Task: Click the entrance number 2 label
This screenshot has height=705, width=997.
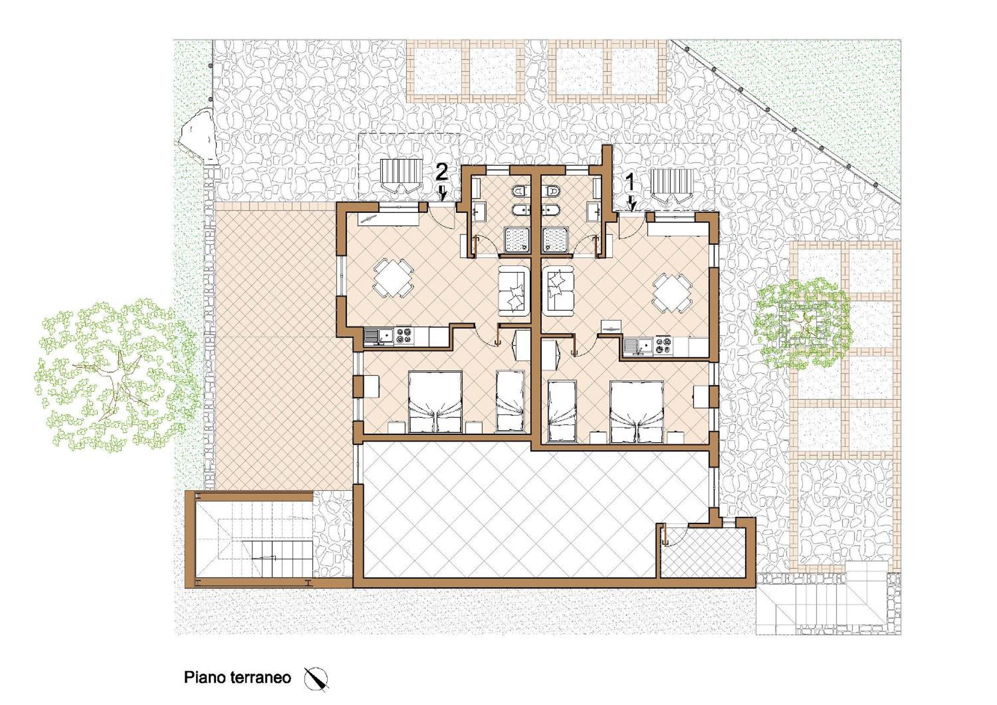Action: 441,173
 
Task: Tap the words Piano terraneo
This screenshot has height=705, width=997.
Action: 237,677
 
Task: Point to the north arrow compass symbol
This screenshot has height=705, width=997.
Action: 316,679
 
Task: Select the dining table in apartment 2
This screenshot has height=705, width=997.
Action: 393,278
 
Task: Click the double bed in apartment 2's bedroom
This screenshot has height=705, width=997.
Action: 436,402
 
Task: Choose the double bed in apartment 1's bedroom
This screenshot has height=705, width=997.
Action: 637,412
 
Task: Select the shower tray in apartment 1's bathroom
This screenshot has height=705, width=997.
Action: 555,239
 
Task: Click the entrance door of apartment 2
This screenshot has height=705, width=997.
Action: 441,215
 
